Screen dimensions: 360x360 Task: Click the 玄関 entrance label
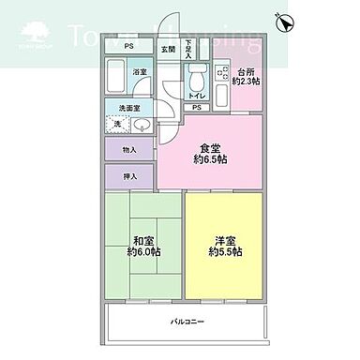(x=168, y=48)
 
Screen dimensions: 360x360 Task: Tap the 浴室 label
(x=139, y=71)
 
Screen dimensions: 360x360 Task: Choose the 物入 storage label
(x=130, y=150)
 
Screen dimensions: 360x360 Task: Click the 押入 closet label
(x=130, y=176)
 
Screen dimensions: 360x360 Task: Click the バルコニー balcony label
(x=187, y=322)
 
